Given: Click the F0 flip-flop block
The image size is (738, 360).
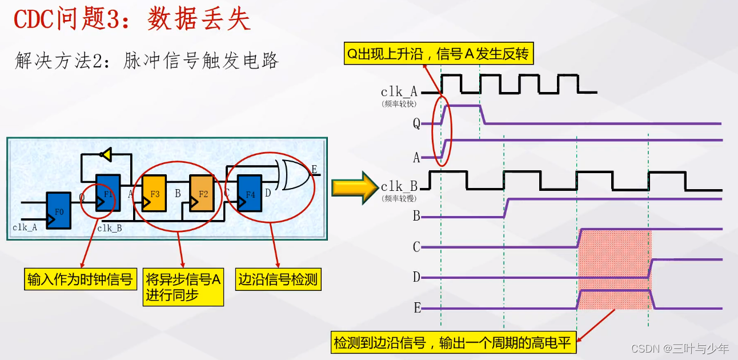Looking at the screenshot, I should point(58,211).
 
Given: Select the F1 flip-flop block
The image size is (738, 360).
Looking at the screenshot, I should point(108,193).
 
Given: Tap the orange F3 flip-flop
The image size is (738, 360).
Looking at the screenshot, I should point(154,194).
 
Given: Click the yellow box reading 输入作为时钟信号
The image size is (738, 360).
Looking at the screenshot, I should point(80,279).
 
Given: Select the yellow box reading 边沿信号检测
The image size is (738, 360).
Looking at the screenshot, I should point(278,279).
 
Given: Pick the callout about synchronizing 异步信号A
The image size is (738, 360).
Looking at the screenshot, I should point(182,287).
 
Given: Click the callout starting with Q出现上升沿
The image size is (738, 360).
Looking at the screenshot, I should point(438,54).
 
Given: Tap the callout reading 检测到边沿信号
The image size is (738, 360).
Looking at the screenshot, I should point(454,343).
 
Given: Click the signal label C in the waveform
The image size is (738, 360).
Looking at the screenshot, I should point(416,247).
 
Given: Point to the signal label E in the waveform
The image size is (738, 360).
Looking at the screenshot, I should point(417,309).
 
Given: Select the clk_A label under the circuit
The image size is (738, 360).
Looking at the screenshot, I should point(25,227).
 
